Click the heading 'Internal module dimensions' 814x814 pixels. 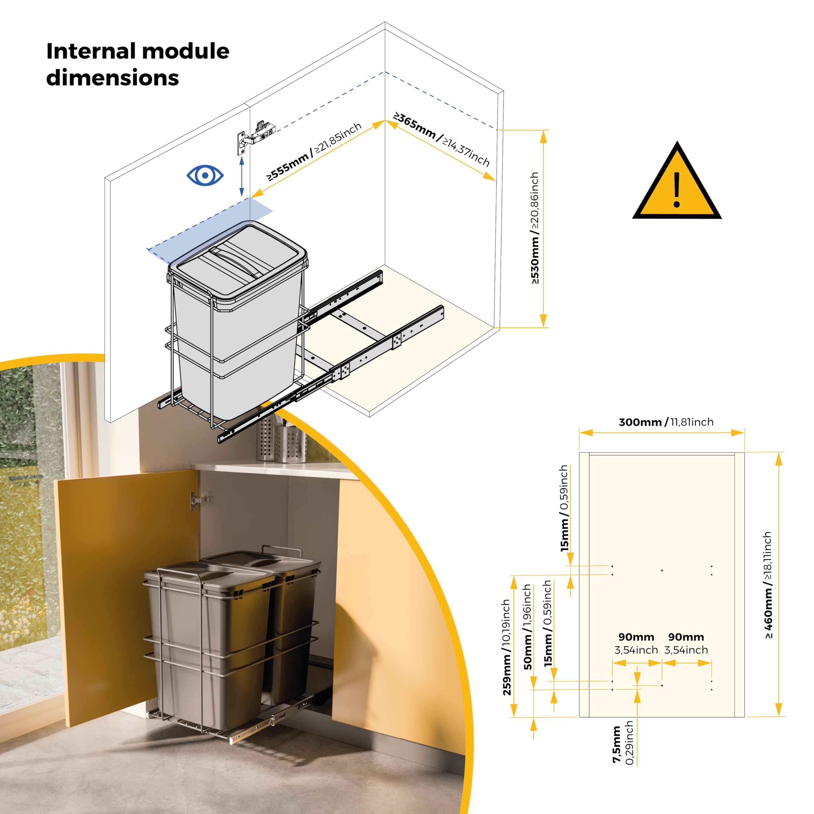(138, 64)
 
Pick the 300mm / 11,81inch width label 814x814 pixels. (666, 422)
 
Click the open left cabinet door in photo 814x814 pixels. (127, 590)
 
